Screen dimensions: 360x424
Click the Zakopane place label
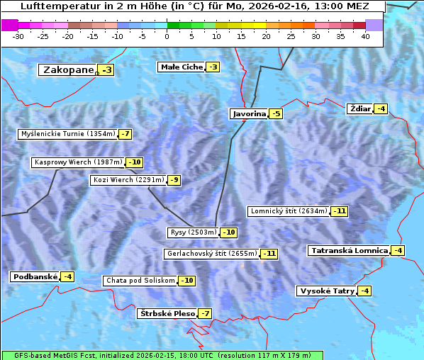68,69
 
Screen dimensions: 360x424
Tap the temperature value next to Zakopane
107,69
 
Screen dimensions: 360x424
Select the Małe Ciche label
182,67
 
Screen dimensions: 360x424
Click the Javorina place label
249,113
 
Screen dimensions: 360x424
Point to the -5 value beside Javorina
276,113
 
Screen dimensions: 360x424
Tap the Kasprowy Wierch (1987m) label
78,162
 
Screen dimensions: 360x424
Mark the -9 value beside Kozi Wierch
174,180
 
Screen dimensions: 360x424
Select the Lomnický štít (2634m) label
289,210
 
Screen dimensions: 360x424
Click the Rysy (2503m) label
193,232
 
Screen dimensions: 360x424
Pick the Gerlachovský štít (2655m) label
211,253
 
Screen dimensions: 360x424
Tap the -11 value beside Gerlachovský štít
269,253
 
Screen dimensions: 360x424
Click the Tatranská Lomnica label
349,250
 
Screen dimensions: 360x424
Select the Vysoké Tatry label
326,291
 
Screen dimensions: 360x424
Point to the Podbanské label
34,276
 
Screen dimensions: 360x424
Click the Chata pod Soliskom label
139,281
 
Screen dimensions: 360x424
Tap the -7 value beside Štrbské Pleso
205,313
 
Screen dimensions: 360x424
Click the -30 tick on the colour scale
18,36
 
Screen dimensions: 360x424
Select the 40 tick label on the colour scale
365,36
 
